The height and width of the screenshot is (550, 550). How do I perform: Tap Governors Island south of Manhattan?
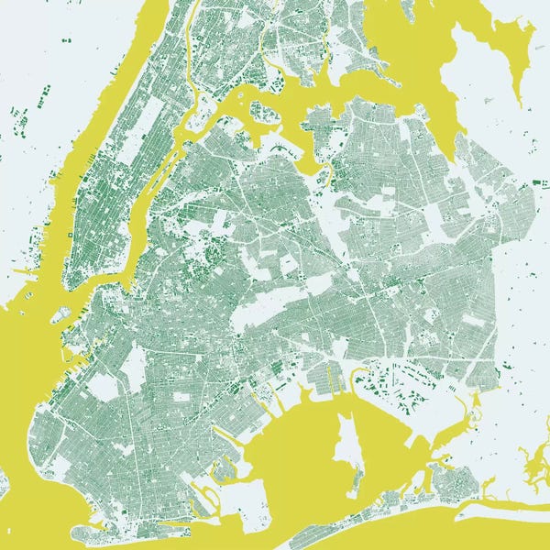coord(60,314)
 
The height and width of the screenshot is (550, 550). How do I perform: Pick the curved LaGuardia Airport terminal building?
coord(279,147)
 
